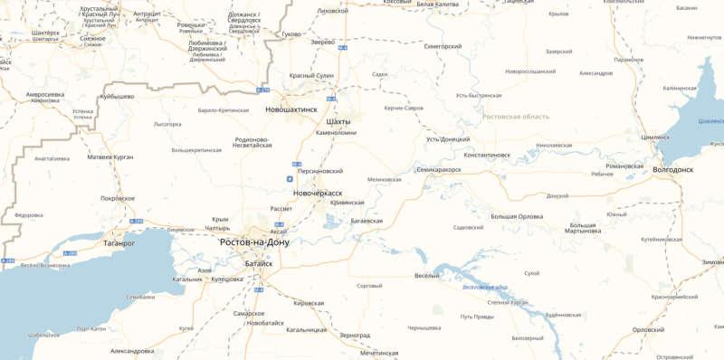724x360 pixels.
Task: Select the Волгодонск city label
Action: pos(672,169)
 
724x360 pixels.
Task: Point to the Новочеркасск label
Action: pos(319,193)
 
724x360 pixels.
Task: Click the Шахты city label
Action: pos(337,120)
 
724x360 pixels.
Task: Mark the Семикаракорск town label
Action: pos(445,169)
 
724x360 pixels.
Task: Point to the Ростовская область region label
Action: pos(516,117)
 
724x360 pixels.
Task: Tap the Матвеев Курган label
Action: pos(110,156)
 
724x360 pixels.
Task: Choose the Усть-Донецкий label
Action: pos(447,139)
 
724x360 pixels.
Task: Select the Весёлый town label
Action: pos(426,275)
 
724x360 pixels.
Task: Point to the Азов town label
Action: pos(205,270)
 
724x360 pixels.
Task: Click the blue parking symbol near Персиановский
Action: pos(290,179)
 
